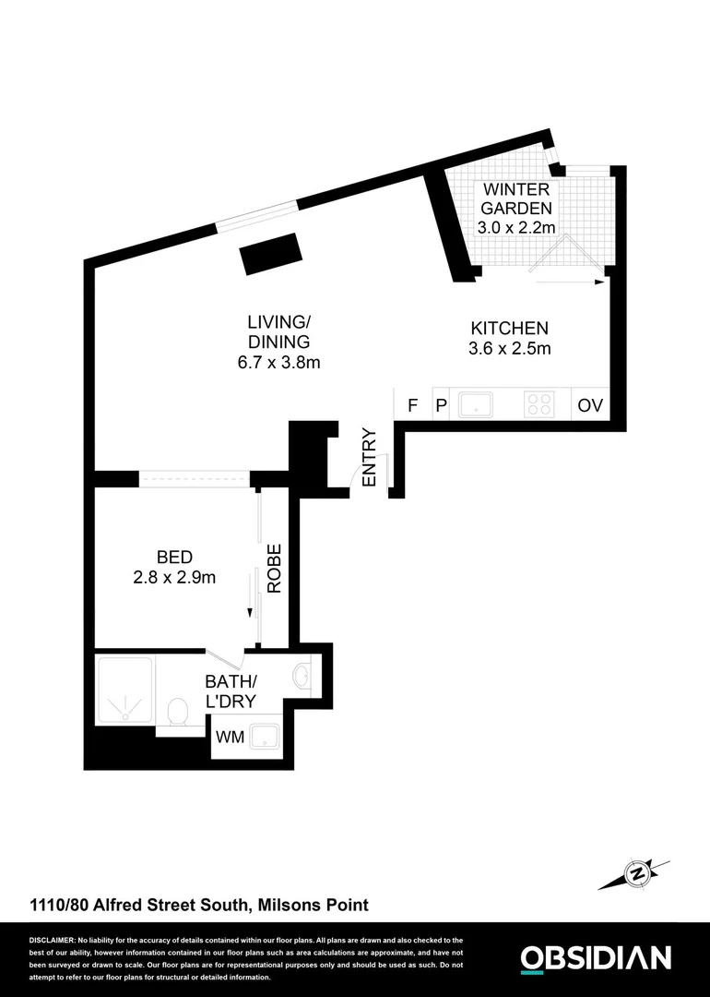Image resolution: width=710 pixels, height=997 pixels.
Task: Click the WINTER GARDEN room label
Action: tap(516, 198)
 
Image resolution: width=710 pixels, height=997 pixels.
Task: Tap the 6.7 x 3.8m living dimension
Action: tap(278, 363)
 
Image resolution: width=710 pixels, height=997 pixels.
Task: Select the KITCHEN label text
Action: tap(510, 328)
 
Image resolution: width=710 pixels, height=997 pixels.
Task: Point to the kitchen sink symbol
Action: tap(476, 404)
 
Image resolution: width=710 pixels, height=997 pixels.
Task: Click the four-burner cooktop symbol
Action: tap(538, 404)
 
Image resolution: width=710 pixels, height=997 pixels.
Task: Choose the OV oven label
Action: tap(590, 405)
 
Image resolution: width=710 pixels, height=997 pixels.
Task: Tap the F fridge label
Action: tap(412, 405)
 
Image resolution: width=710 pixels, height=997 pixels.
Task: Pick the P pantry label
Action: tap(441, 405)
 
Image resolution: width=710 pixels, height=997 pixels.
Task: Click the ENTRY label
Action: tap(370, 458)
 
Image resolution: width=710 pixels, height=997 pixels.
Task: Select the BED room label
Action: tap(174, 558)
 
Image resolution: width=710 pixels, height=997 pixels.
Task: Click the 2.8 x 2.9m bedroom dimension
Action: tap(174, 579)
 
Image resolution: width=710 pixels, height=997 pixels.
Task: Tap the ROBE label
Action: tap(274, 567)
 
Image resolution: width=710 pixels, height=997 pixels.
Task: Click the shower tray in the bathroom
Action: tap(124, 688)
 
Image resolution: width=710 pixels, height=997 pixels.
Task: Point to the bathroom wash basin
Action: tap(302, 678)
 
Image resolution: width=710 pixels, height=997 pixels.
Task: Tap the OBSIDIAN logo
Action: tap(596, 957)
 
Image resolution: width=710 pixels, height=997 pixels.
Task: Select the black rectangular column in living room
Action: tap(270, 253)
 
